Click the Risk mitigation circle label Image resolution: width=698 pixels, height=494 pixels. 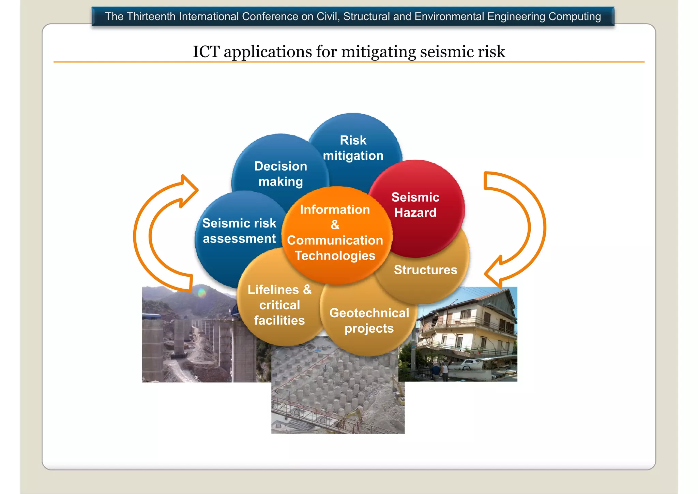click(353, 148)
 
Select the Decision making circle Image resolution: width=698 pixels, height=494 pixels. click(280, 174)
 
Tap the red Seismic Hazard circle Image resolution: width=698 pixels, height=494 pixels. click(415, 205)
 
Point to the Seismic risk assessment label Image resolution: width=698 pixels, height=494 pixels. click(239, 231)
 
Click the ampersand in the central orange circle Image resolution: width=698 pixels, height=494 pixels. click(335, 225)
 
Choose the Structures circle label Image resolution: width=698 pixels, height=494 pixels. click(425, 270)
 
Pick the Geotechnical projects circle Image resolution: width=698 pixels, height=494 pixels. click(369, 321)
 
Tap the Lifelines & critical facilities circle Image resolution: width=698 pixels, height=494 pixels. click(279, 305)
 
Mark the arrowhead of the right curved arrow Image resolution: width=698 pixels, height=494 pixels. click(495, 273)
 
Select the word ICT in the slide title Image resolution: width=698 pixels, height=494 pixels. click(206, 52)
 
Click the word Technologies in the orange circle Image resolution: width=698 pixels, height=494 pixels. click(335, 256)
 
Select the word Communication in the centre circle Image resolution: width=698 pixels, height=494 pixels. click(335, 240)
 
